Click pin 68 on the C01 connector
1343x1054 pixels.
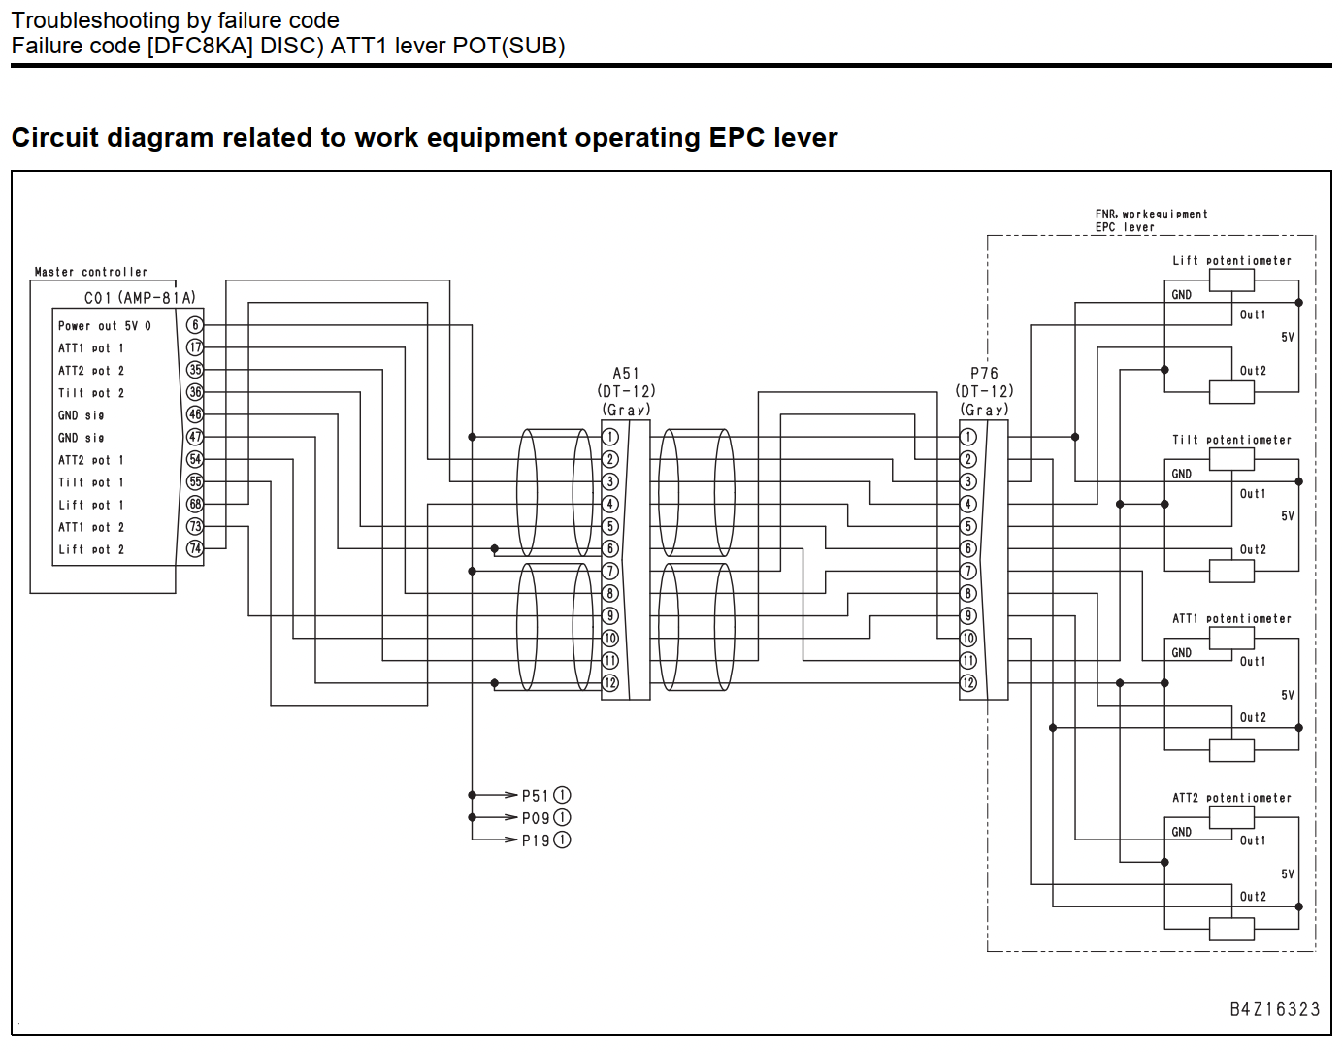pyautogui.click(x=195, y=504)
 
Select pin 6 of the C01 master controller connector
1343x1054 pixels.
pyautogui.click(x=195, y=325)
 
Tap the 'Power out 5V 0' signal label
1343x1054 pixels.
pyautogui.click(x=105, y=326)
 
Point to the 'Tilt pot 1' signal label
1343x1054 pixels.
pyautogui.click(x=91, y=482)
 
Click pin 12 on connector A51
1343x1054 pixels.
pyautogui.click(x=610, y=683)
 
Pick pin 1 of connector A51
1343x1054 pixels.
pyautogui.click(x=610, y=437)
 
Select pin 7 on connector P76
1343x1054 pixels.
pyautogui.click(x=967, y=572)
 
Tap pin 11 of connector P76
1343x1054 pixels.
pyautogui.click(x=967, y=661)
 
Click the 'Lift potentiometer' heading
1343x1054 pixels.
pyautogui.click(x=1231, y=261)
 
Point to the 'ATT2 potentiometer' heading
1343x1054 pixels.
pyautogui.click(x=1231, y=798)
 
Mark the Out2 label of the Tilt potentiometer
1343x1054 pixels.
pyautogui.click(x=1253, y=549)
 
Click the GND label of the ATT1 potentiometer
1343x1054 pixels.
pyautogui.click(x=1181, y=653)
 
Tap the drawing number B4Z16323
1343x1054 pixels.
pyautogui.click(x=1274, y=1009)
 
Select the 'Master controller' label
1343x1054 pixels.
pyautogui.click(x=91, y=272)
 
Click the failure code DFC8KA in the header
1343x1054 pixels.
pyautogui.click(x=200, y=46)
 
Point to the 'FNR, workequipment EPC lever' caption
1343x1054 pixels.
pyautogui.click(x=1151, y=220)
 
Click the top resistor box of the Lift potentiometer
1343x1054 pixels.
pyautogui.click(x=1231, y=280)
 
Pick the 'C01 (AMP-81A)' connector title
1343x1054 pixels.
pyautogui.click(x=140, y=298)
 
